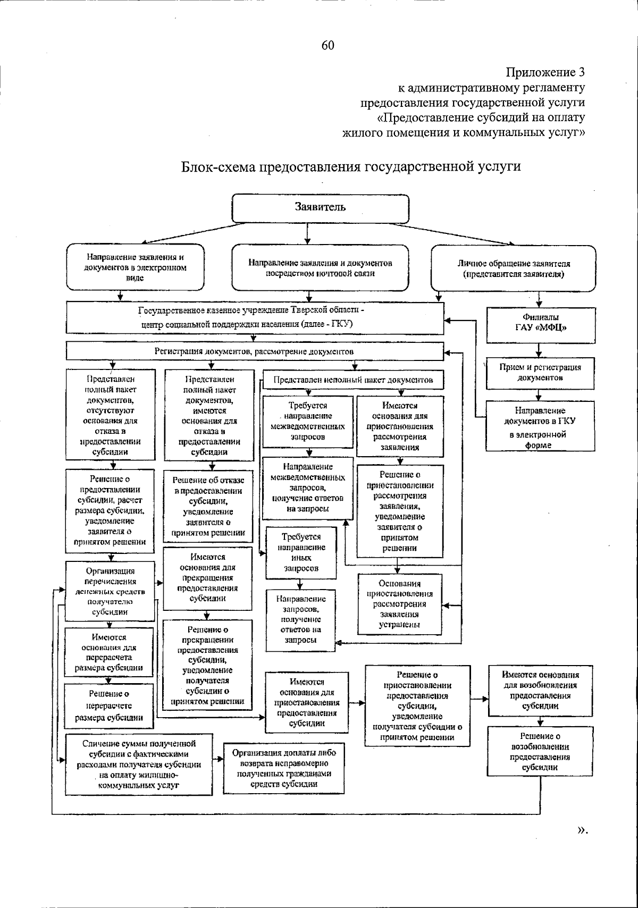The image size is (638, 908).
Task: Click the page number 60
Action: (328, 46)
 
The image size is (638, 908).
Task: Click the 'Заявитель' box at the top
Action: (321, 207)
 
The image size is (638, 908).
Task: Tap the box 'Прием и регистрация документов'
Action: (540, 372)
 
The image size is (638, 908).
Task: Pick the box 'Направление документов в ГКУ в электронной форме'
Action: (540, 427)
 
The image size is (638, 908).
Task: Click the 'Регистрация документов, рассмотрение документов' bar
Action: (254, 351)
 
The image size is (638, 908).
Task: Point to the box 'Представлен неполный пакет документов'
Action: (353, 380)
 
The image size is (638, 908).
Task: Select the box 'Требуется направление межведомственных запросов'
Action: (308, 421)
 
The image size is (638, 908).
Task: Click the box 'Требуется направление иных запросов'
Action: (301, 552)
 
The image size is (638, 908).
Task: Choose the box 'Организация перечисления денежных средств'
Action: (110, 591)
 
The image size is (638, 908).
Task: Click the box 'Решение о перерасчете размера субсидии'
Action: (109, 705)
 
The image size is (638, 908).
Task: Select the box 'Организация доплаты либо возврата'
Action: (284, 768)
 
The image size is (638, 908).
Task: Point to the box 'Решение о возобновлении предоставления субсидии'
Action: (540, 752)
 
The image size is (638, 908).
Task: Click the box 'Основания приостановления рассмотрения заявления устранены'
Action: (399, 604)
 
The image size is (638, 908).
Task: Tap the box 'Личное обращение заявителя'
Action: (514, 268)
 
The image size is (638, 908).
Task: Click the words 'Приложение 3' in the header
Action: (545, 72)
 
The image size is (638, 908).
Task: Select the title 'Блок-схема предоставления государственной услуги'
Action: (351, 166)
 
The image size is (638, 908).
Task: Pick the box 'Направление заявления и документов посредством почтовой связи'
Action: (320, 268)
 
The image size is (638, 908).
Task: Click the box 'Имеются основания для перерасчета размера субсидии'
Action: (109, 652)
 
